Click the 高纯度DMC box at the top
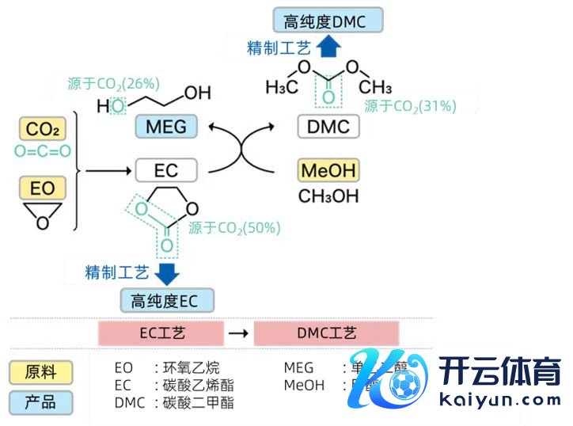pyautogui.click(x=326, y=21)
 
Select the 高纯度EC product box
pyautogui.click(x=166, y=300)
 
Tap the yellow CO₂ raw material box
pyautogui.click(x=42, y=129)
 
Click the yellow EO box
pyautogui.click(x=42, y=188)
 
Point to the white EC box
pyautogui.click(x=166, y=170)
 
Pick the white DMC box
pyautogui.click(x=328, y=126)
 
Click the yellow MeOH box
pyautogui.click(x=328, y=170)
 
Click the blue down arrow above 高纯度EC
pyautogui.click(x=167, y=273)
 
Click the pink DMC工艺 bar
pyautogui.click(x=326, y=333)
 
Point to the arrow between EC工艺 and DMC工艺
pyautogui.click(x=237, y=333)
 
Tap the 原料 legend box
pyautogui.click(x=40, y=372)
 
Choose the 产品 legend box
pyautogui.click(x=40, y=402)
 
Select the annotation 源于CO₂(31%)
pyautogui.click(x=410, y=106)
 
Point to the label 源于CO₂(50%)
pyautogui.click(x=234, y=228)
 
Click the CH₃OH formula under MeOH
pyautogui.click(x=328, y=196)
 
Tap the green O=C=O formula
pyautogui.click(x=42, y=151)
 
